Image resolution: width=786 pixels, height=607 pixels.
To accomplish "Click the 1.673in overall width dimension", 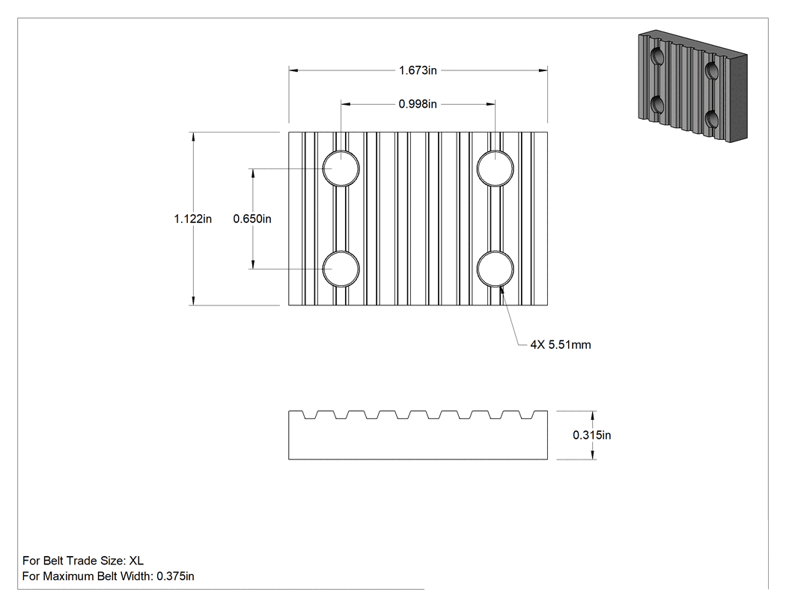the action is pos(418,70).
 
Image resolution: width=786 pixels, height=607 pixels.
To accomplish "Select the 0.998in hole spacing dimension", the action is pos(418,104).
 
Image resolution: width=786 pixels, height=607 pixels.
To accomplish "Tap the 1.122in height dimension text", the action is pos(193,219).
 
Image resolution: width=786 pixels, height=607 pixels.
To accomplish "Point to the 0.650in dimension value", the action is pos(252,219).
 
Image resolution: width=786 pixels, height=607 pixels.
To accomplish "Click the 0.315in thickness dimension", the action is pos(592,435).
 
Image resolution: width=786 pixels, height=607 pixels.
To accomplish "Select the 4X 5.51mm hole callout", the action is pos(561,345).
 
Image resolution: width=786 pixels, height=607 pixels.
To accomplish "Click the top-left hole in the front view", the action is pos(341,168).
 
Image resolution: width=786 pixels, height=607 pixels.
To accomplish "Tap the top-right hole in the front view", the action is pos(496,168).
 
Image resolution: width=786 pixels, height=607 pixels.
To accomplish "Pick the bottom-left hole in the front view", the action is pos(341,269).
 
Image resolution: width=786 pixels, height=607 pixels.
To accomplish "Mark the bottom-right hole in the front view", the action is pos(496,269).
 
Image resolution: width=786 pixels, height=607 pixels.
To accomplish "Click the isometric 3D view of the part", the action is pos(692,86).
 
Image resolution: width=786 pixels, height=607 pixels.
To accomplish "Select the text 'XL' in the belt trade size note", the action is pos(136,561).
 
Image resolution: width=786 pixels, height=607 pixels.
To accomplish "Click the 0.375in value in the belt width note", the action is pos(175,576).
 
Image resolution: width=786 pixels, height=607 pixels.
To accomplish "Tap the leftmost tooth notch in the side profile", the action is pos(309,415).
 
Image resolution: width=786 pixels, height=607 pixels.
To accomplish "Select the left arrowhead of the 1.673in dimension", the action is pos(293,70).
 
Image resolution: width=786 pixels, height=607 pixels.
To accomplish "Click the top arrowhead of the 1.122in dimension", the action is pos(193,137).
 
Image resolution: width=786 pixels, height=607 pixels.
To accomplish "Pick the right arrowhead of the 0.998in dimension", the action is pos(490,104).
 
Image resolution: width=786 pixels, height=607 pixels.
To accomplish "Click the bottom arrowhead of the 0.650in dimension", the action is pos(252,264).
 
